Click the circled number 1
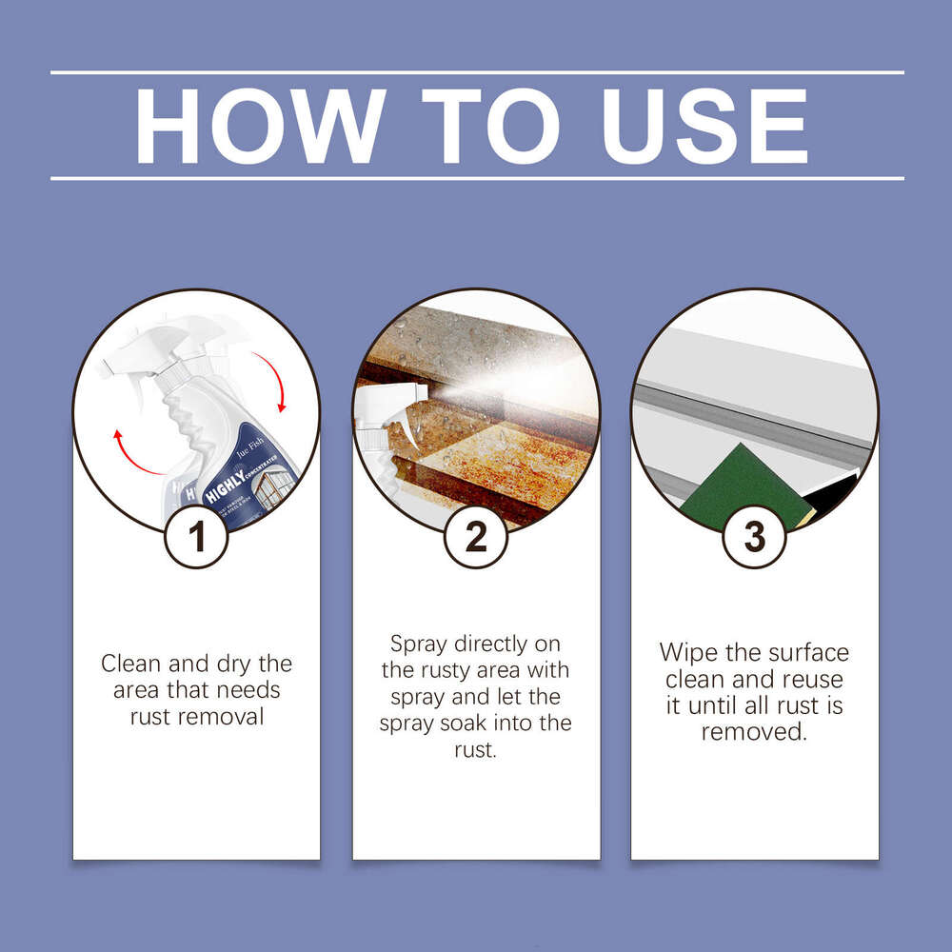197,537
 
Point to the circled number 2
476,537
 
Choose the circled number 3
754,537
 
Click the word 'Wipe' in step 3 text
688,653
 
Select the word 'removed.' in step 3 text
754,732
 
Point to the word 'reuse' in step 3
813,680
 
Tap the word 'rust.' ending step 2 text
476,750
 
